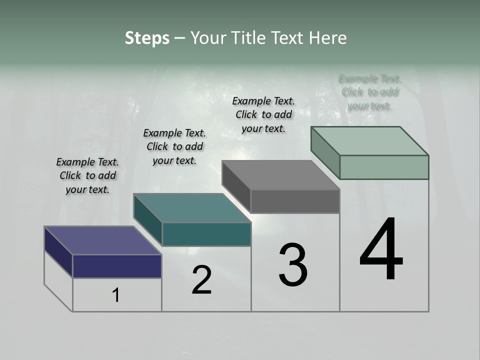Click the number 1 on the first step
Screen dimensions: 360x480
(x=116, y=295)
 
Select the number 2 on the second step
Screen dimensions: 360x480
(x=201, y=280)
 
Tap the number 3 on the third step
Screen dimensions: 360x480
(x=293, y=265)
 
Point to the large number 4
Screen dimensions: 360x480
(x=381, y=249)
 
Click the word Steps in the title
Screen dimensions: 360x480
(x=147, y=38)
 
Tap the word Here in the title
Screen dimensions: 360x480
(x=328, y=38)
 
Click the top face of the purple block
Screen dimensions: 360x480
(x=102, y=240)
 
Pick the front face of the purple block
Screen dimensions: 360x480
(x=117, y=266)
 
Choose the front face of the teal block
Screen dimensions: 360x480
(x=206, y=234)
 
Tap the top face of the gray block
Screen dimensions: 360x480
(x=280, y=175)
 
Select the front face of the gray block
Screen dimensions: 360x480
(x=295, y=201)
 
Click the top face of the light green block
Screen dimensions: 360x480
(x=369, y=140)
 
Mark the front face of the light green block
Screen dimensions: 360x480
(x=384, y=167)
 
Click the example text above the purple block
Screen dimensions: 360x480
(x=87, y=175)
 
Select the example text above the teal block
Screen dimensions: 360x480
(x=174, y=146)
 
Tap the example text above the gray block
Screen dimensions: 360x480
(x=263, y=114)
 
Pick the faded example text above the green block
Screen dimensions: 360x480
(x=370, y=92)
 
